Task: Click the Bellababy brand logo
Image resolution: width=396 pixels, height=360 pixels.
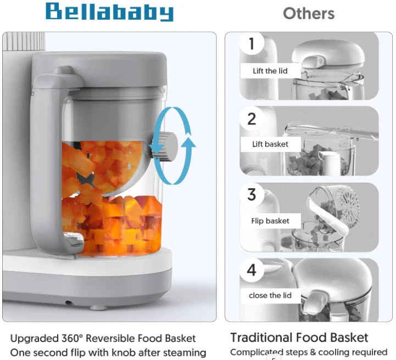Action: [x=109, y=12]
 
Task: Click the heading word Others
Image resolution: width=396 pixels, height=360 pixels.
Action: [x=309, y=13]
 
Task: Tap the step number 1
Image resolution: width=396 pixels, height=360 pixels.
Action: [x=252, y=44]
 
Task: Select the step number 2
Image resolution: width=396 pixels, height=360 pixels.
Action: [x=252, y=119]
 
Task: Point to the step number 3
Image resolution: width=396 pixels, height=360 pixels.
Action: [x=252, y=194]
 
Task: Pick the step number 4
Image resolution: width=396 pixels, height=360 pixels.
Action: [x=252, y=270]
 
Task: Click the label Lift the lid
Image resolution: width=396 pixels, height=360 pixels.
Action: [x=270, y=71]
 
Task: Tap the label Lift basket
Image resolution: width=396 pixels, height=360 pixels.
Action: [x=270, y=144]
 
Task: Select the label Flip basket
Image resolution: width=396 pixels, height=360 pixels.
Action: [x=270, y=221]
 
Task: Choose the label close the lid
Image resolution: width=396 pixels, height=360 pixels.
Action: [x=270, y=295]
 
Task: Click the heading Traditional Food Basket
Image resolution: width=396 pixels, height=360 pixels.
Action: [x=299, y=337]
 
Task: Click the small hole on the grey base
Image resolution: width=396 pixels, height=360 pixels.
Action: [x=69, y=302]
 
